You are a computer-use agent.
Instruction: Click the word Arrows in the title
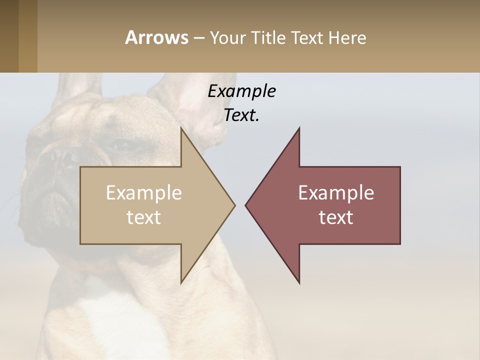(x=156, y=37)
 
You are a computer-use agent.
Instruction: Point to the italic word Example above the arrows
(x=242, y=91)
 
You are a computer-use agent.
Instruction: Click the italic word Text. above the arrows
(x=242, y=115)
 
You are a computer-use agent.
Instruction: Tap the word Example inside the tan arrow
(x=144, y=192)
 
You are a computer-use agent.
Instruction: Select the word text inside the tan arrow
(x=144, y=217)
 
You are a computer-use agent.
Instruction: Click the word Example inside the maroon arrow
(x=336, y=192)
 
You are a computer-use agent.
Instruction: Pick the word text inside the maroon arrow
(x=336, y=217)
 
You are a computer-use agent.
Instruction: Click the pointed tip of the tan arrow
(x=234, y=204)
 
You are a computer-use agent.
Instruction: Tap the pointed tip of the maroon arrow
(x=246, y=204)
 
